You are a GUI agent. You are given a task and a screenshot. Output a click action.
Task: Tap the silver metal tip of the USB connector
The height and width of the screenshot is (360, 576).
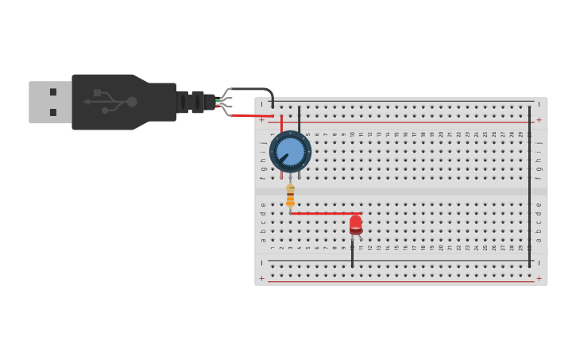coord(49,102)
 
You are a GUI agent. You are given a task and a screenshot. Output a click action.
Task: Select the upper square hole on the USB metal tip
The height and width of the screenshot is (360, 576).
coord(53,92)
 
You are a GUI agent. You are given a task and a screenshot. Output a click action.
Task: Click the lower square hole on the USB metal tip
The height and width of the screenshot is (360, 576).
coord(53,112)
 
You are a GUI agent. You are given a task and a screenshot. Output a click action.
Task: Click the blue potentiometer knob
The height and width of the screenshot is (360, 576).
coord(290,151)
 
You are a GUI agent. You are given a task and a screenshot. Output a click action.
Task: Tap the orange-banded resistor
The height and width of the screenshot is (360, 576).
coord(290,195)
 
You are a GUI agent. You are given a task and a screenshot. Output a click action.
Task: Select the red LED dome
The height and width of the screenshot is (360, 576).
coord(355,223)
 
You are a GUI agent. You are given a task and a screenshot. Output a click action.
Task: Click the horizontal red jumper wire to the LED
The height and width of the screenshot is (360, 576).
coord(322,213)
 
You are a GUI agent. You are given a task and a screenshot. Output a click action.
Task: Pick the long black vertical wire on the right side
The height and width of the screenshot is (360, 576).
coord(529,183)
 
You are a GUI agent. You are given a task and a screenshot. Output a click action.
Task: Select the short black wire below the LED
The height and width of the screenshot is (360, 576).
coord(352,254)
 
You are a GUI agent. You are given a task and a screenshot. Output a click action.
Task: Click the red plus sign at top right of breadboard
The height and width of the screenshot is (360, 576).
coord(539,120)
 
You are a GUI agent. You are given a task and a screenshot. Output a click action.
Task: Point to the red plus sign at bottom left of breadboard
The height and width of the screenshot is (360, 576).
coord(261,278)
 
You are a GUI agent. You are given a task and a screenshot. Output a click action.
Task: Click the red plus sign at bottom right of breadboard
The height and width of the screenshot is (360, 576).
coord(539,278)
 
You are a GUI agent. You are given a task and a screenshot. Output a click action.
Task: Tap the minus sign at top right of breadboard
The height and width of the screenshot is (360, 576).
coord(539,103)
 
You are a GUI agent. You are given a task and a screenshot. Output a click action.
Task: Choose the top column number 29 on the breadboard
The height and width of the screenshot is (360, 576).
coord(520,134)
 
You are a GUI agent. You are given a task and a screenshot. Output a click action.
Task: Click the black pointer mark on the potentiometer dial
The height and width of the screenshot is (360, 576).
coord(282,158)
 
